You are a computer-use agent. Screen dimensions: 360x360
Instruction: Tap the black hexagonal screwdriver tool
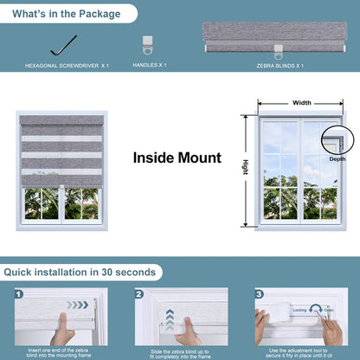[x=62, y=43]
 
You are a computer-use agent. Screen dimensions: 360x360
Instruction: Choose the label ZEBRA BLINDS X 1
[x=280, y=65]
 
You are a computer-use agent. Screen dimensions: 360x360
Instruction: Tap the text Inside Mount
[x=177, y=158]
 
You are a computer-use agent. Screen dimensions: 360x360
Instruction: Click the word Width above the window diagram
[x=301, y=102]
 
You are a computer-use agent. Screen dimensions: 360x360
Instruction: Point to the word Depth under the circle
[x=337, y=159]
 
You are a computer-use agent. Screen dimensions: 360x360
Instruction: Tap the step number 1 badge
[x=19, y=293]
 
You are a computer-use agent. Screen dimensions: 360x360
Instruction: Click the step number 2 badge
[x=138, y=293]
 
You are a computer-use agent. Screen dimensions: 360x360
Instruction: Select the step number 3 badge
[x=258, y=293]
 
